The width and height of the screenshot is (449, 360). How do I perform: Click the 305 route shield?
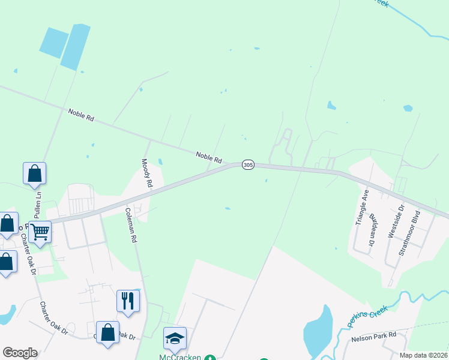pyautogui.click(x=248, y=164)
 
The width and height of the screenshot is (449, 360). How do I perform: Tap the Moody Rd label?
pyautogui.click(x=146, y=173)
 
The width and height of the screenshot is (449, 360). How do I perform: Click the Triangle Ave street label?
pyautogui.click(x=362, y=207)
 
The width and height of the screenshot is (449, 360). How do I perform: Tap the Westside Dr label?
pyautogui.click(x=397, y=221)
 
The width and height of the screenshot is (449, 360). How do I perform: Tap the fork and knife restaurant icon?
pyautogui.click(x=127, y=299)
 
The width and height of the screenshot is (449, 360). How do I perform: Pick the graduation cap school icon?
pyautogui.click(x=175, y=338)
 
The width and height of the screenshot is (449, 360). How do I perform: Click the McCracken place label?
pyautogui.click(x=180, y=356)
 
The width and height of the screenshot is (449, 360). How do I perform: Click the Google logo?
pyautogui.click(x=20, y=353)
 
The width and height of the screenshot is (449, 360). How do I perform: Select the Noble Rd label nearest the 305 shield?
pyautogui.click(x=209, y=158)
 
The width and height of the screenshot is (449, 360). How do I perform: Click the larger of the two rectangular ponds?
pyautogui.click(x=76, y=47)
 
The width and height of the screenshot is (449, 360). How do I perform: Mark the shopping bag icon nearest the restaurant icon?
pyautogui.click(x=107, y=334)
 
